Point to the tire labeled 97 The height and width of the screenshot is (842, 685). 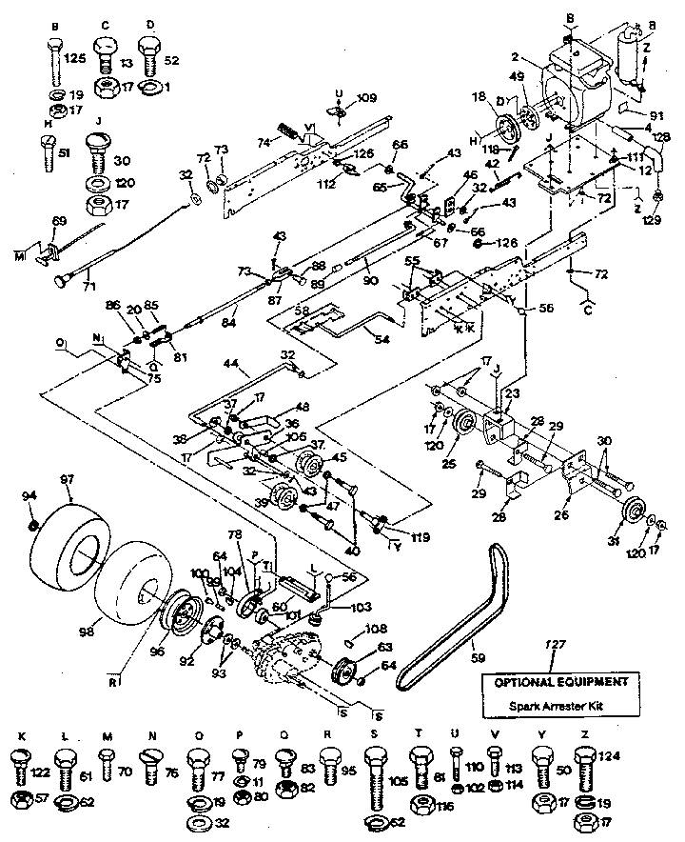tap(64, 551)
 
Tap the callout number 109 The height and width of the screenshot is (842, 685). tap(366, 99)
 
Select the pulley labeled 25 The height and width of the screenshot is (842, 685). tap(466, 423)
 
